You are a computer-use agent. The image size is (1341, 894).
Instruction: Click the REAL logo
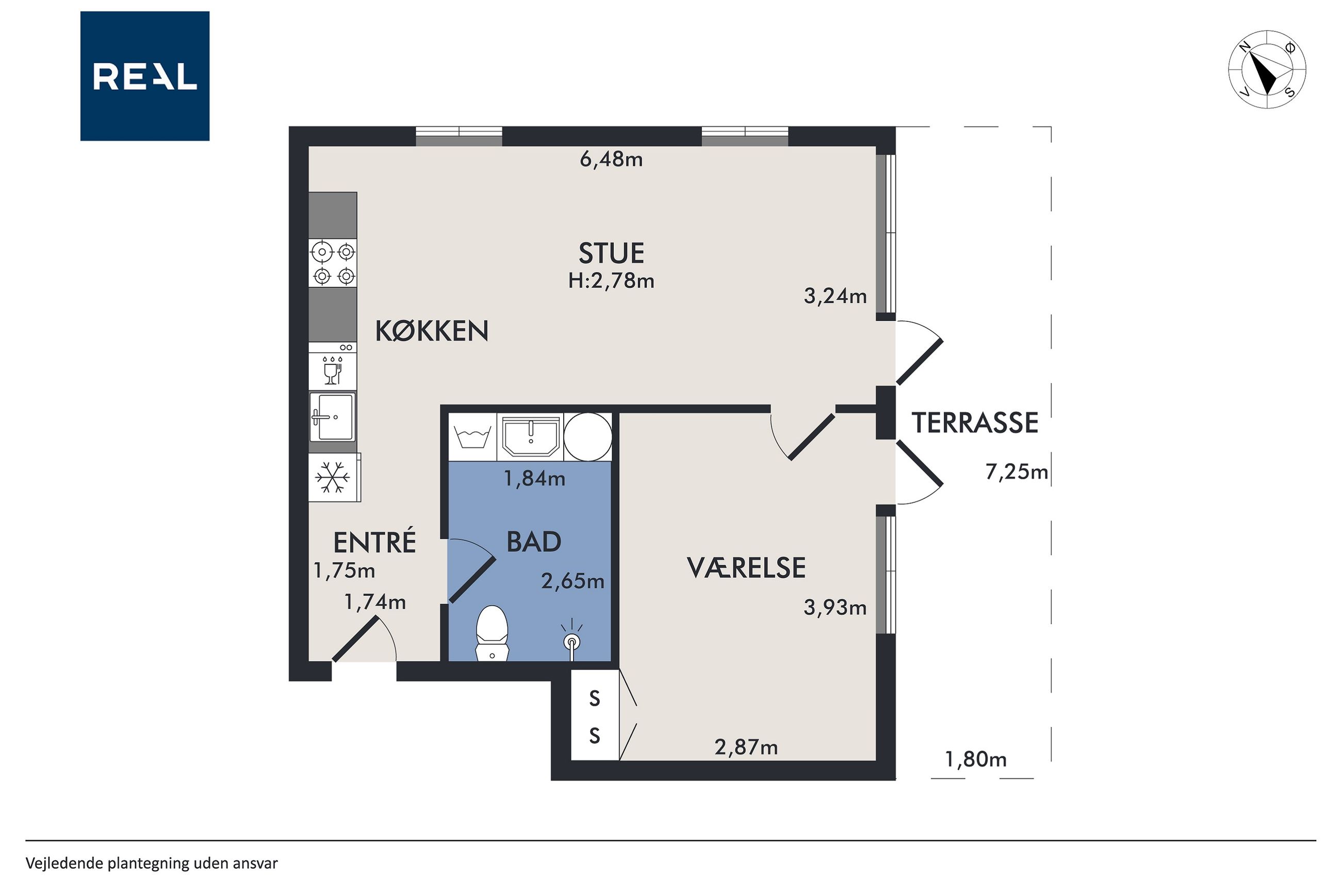[145, 76]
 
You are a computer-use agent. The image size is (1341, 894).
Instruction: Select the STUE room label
[611, 253]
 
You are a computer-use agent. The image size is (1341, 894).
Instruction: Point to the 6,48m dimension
[611, 159]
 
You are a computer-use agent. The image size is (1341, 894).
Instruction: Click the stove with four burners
[333, 263]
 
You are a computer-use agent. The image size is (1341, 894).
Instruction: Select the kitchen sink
[333, 417]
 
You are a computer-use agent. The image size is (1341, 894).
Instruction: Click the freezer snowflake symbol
[333, 477]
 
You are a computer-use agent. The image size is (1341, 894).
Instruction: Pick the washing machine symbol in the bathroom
[473, 437]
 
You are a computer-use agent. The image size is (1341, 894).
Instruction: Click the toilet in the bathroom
[492, 633]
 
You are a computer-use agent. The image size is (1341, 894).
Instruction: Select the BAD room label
[534, 542]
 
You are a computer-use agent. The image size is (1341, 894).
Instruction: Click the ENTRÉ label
[374, 542]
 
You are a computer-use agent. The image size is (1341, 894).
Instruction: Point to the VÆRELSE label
[746, 568]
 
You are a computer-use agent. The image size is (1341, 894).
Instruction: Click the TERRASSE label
[975, 423]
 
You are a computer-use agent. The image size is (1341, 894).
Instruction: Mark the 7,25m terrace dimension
[1017, 472]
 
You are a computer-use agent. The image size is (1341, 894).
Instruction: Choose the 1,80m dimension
[976, 759]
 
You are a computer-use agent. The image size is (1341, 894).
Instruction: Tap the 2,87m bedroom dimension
[746, 747]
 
